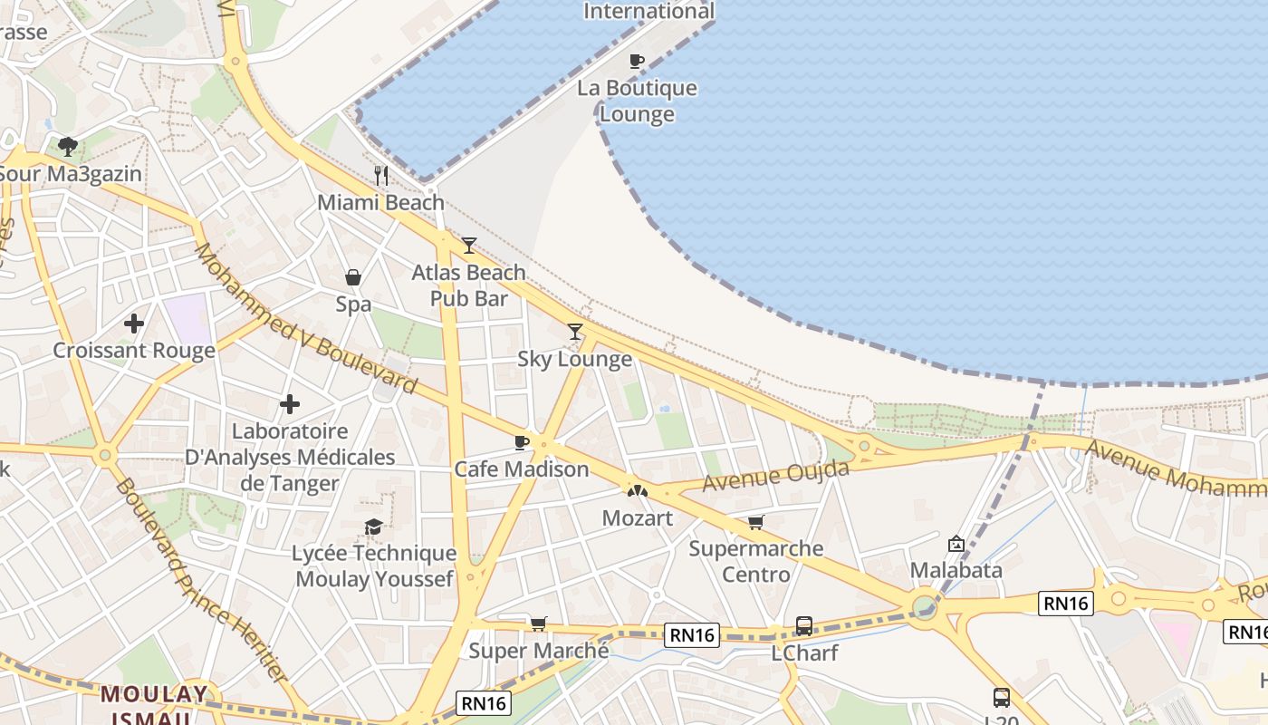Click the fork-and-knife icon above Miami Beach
pyautogui.click(x=381, y=175)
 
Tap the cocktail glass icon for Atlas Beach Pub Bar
pyautogui.click(x=468, y=245)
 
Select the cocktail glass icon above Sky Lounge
pyautogui.click(x=574, y=332)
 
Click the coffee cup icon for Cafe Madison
pyautogui.click(x=521, y=442)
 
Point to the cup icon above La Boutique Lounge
pyautogui.click(x=637, y=61)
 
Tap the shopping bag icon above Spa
pyautogui.click(x=353, y=277)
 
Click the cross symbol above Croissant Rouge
pyautogui.click(x=134, y=323)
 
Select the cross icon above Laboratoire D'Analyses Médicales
pyautogui.click(x=290, y=403)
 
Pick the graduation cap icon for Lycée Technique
pyautogui.click(x=373, y=527)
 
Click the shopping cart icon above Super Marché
pyautogui.click(x=539, y=623)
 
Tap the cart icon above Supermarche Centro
pyautogui.click(x=755, y=522)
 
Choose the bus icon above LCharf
pyautogui.click(x=803, y=625)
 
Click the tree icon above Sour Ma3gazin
pyautogui.click(x=67, y=146)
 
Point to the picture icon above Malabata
pyautogui.click(x=956, y=544)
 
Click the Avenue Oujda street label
pyautogui.click(x=776, y=475)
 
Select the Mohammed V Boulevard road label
pyautogui.click(x=305, y=319)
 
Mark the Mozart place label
pyautogui.click(x=638, y=518)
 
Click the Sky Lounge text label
pyautogui.click(x=574, y=359)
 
